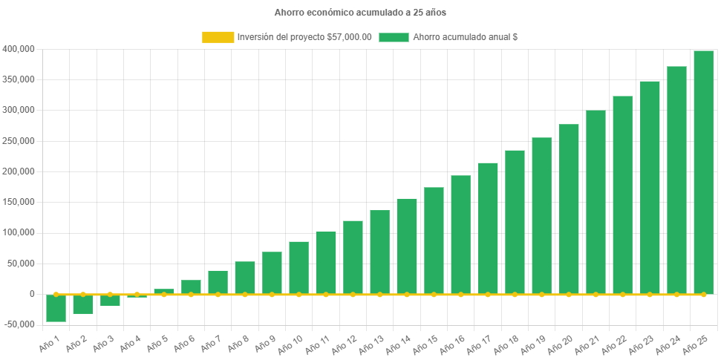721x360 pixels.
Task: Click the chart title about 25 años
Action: coord(360,13)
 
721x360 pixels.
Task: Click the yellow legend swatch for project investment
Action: coord(218,37)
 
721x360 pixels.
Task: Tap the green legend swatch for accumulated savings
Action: coord(394,37)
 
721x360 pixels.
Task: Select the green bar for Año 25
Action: coord(703,172)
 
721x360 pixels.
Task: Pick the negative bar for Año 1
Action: coord(56,308)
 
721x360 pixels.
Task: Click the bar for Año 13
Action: coord(379,252)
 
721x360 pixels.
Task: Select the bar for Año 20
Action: coord(569,209)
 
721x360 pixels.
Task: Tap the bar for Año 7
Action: coord(218,282)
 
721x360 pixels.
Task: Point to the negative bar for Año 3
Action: coord(110,301)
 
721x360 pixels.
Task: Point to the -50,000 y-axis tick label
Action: coord(19,324)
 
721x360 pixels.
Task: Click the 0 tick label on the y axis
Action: coord(32,294)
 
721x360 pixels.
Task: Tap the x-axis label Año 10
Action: coord(289,344)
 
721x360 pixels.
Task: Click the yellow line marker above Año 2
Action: coord(83,295)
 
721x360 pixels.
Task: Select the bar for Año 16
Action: coord(460,235)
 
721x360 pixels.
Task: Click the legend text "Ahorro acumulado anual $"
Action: coord(465,37)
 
